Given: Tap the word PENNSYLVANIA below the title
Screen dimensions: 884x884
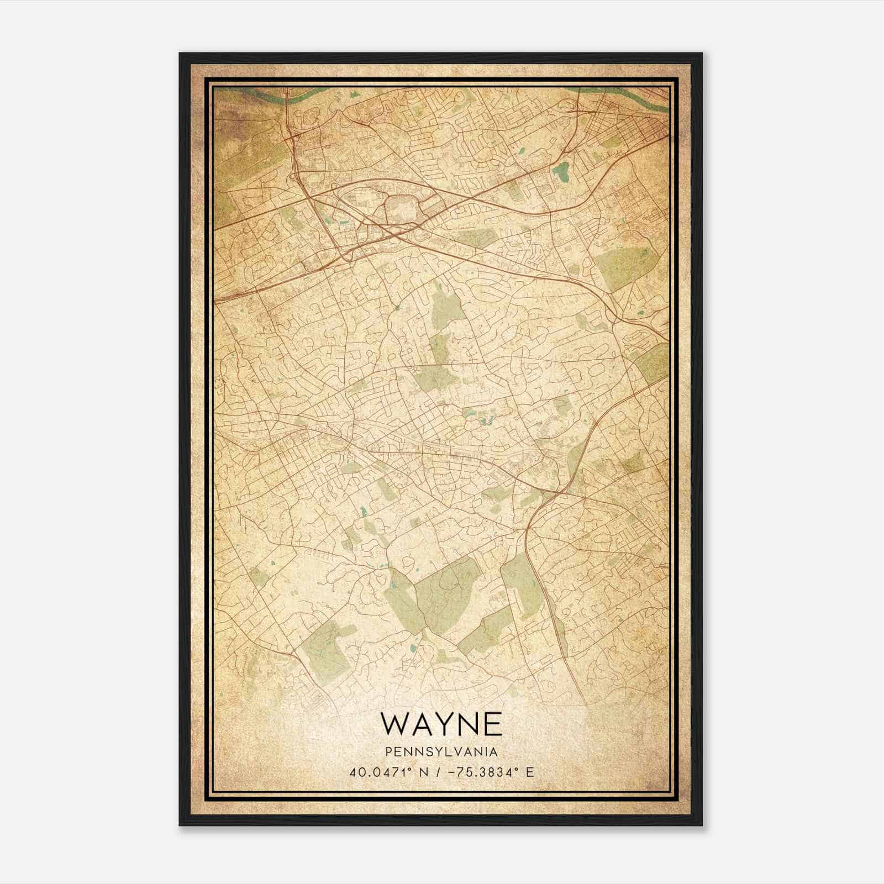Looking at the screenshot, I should coord(441,752).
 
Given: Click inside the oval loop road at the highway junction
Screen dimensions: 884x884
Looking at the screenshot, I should coord(403,209).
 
